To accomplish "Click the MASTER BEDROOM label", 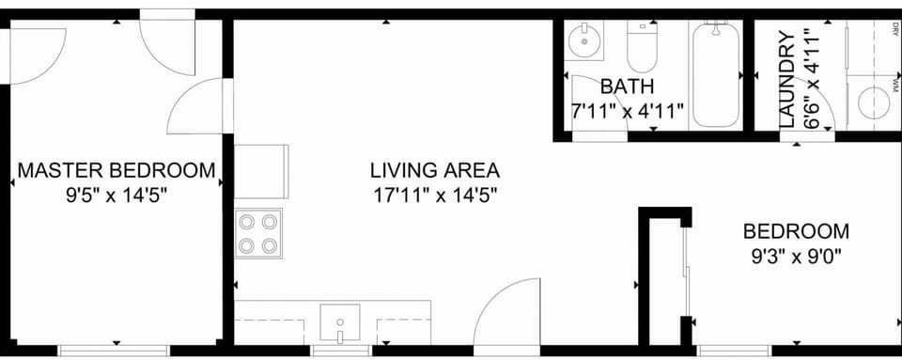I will (117, 171).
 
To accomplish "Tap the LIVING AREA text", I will (434, 171).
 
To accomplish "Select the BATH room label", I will (627, 86).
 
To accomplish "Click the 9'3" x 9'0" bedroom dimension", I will (796, 254).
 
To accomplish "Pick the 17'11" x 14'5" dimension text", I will (434, 196).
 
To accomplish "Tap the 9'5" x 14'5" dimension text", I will (117, 196).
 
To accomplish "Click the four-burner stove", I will (258, 234).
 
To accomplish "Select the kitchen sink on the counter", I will (339, 321).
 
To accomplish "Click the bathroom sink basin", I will (585, 39).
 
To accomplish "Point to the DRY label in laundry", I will (893, 28).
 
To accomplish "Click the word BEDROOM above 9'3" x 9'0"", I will (796, 230).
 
